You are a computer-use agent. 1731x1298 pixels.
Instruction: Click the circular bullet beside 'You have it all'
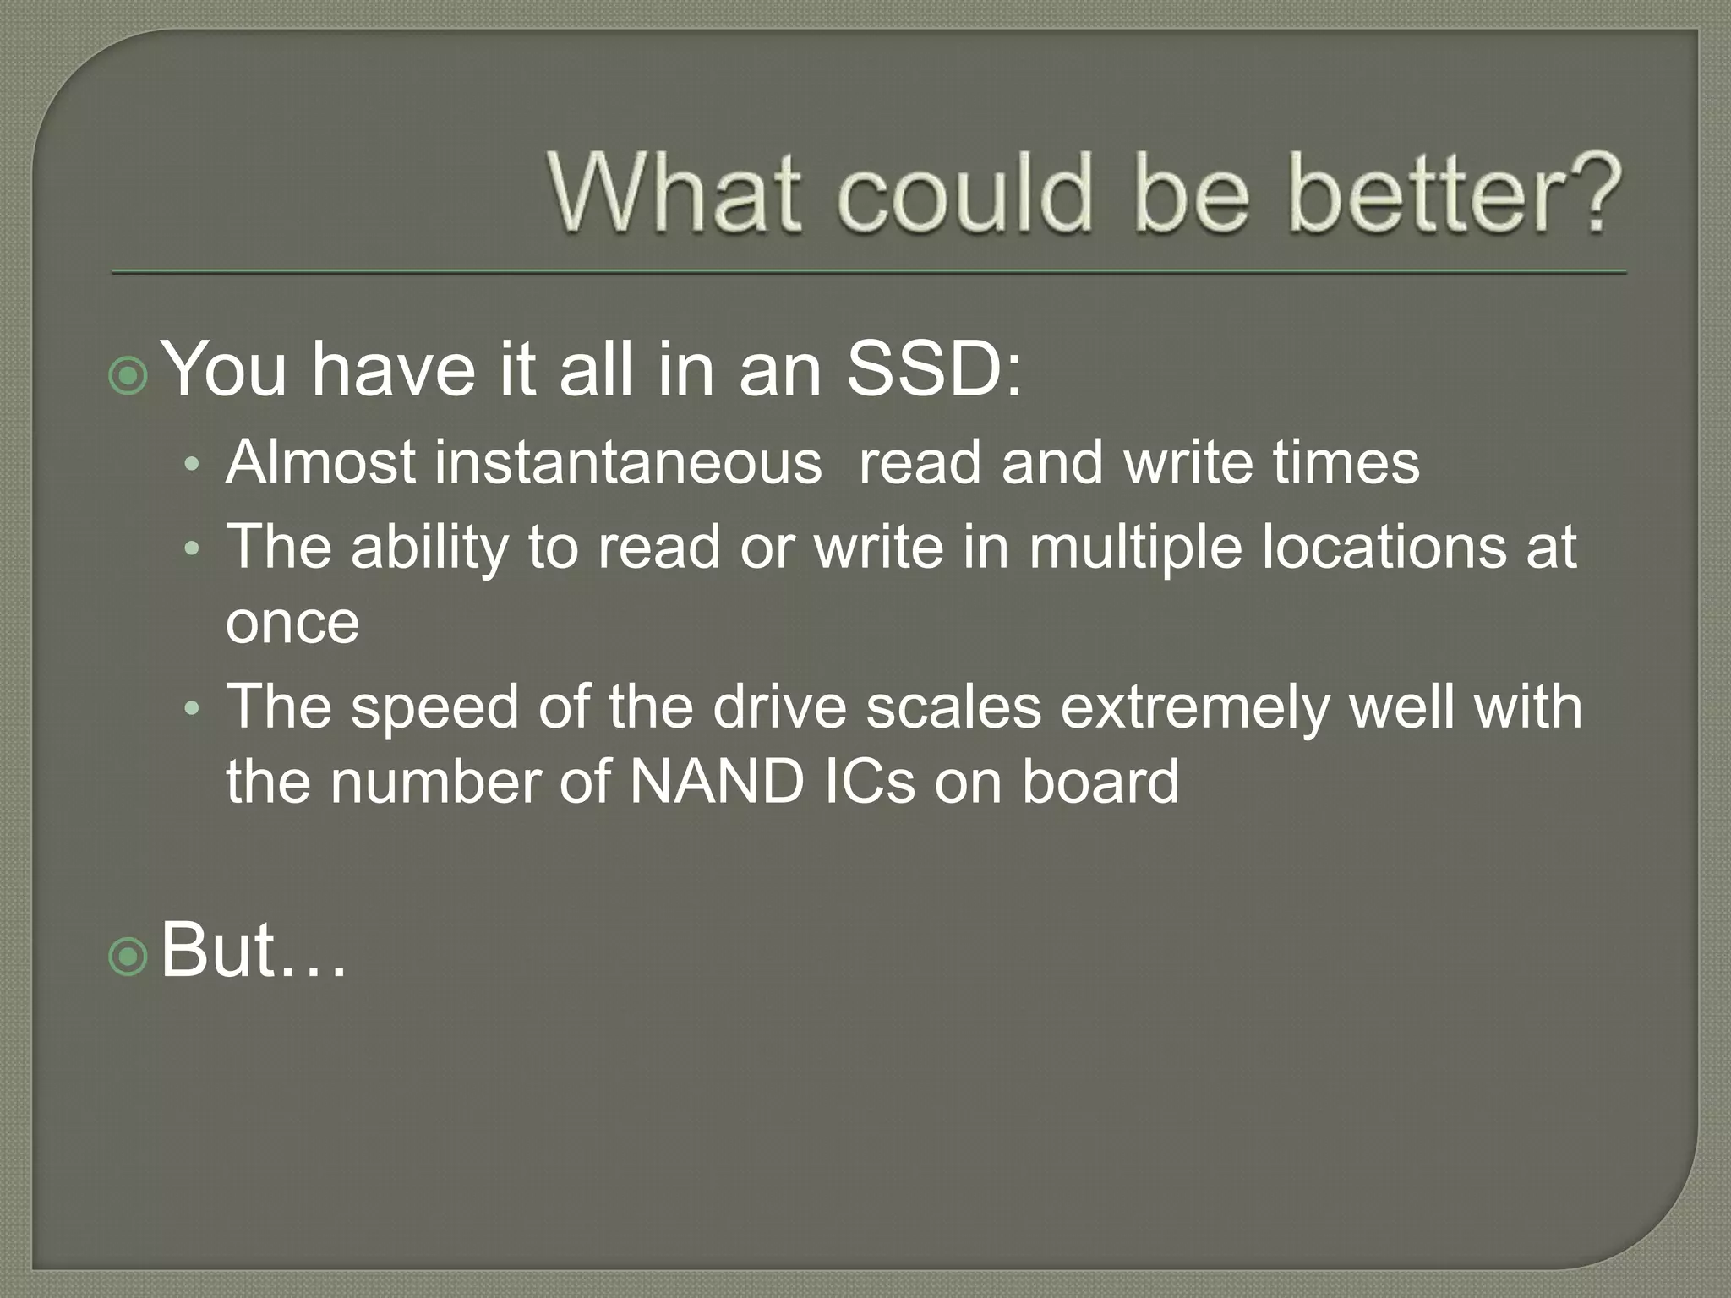[128, 376]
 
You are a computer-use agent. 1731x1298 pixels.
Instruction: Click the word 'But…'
[253, 950]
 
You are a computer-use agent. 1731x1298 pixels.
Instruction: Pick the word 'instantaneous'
[628, 463]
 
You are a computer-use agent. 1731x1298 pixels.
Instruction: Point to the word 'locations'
[1384, 546]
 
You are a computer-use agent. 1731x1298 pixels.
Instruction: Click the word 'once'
[292, 623]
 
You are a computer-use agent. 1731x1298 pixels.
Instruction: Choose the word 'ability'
[429, 548]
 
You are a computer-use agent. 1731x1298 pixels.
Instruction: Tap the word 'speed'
[434, 708]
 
